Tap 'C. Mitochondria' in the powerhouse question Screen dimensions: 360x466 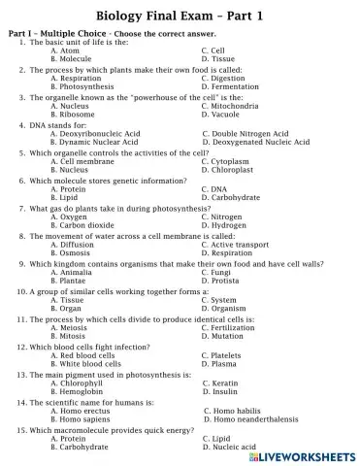pyautogui.click(x=231, y=105)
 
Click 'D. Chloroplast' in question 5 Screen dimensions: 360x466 pyautogui.click(x=226, y=169)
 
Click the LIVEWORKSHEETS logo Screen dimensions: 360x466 pyautogui.click(x=306, y=455)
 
